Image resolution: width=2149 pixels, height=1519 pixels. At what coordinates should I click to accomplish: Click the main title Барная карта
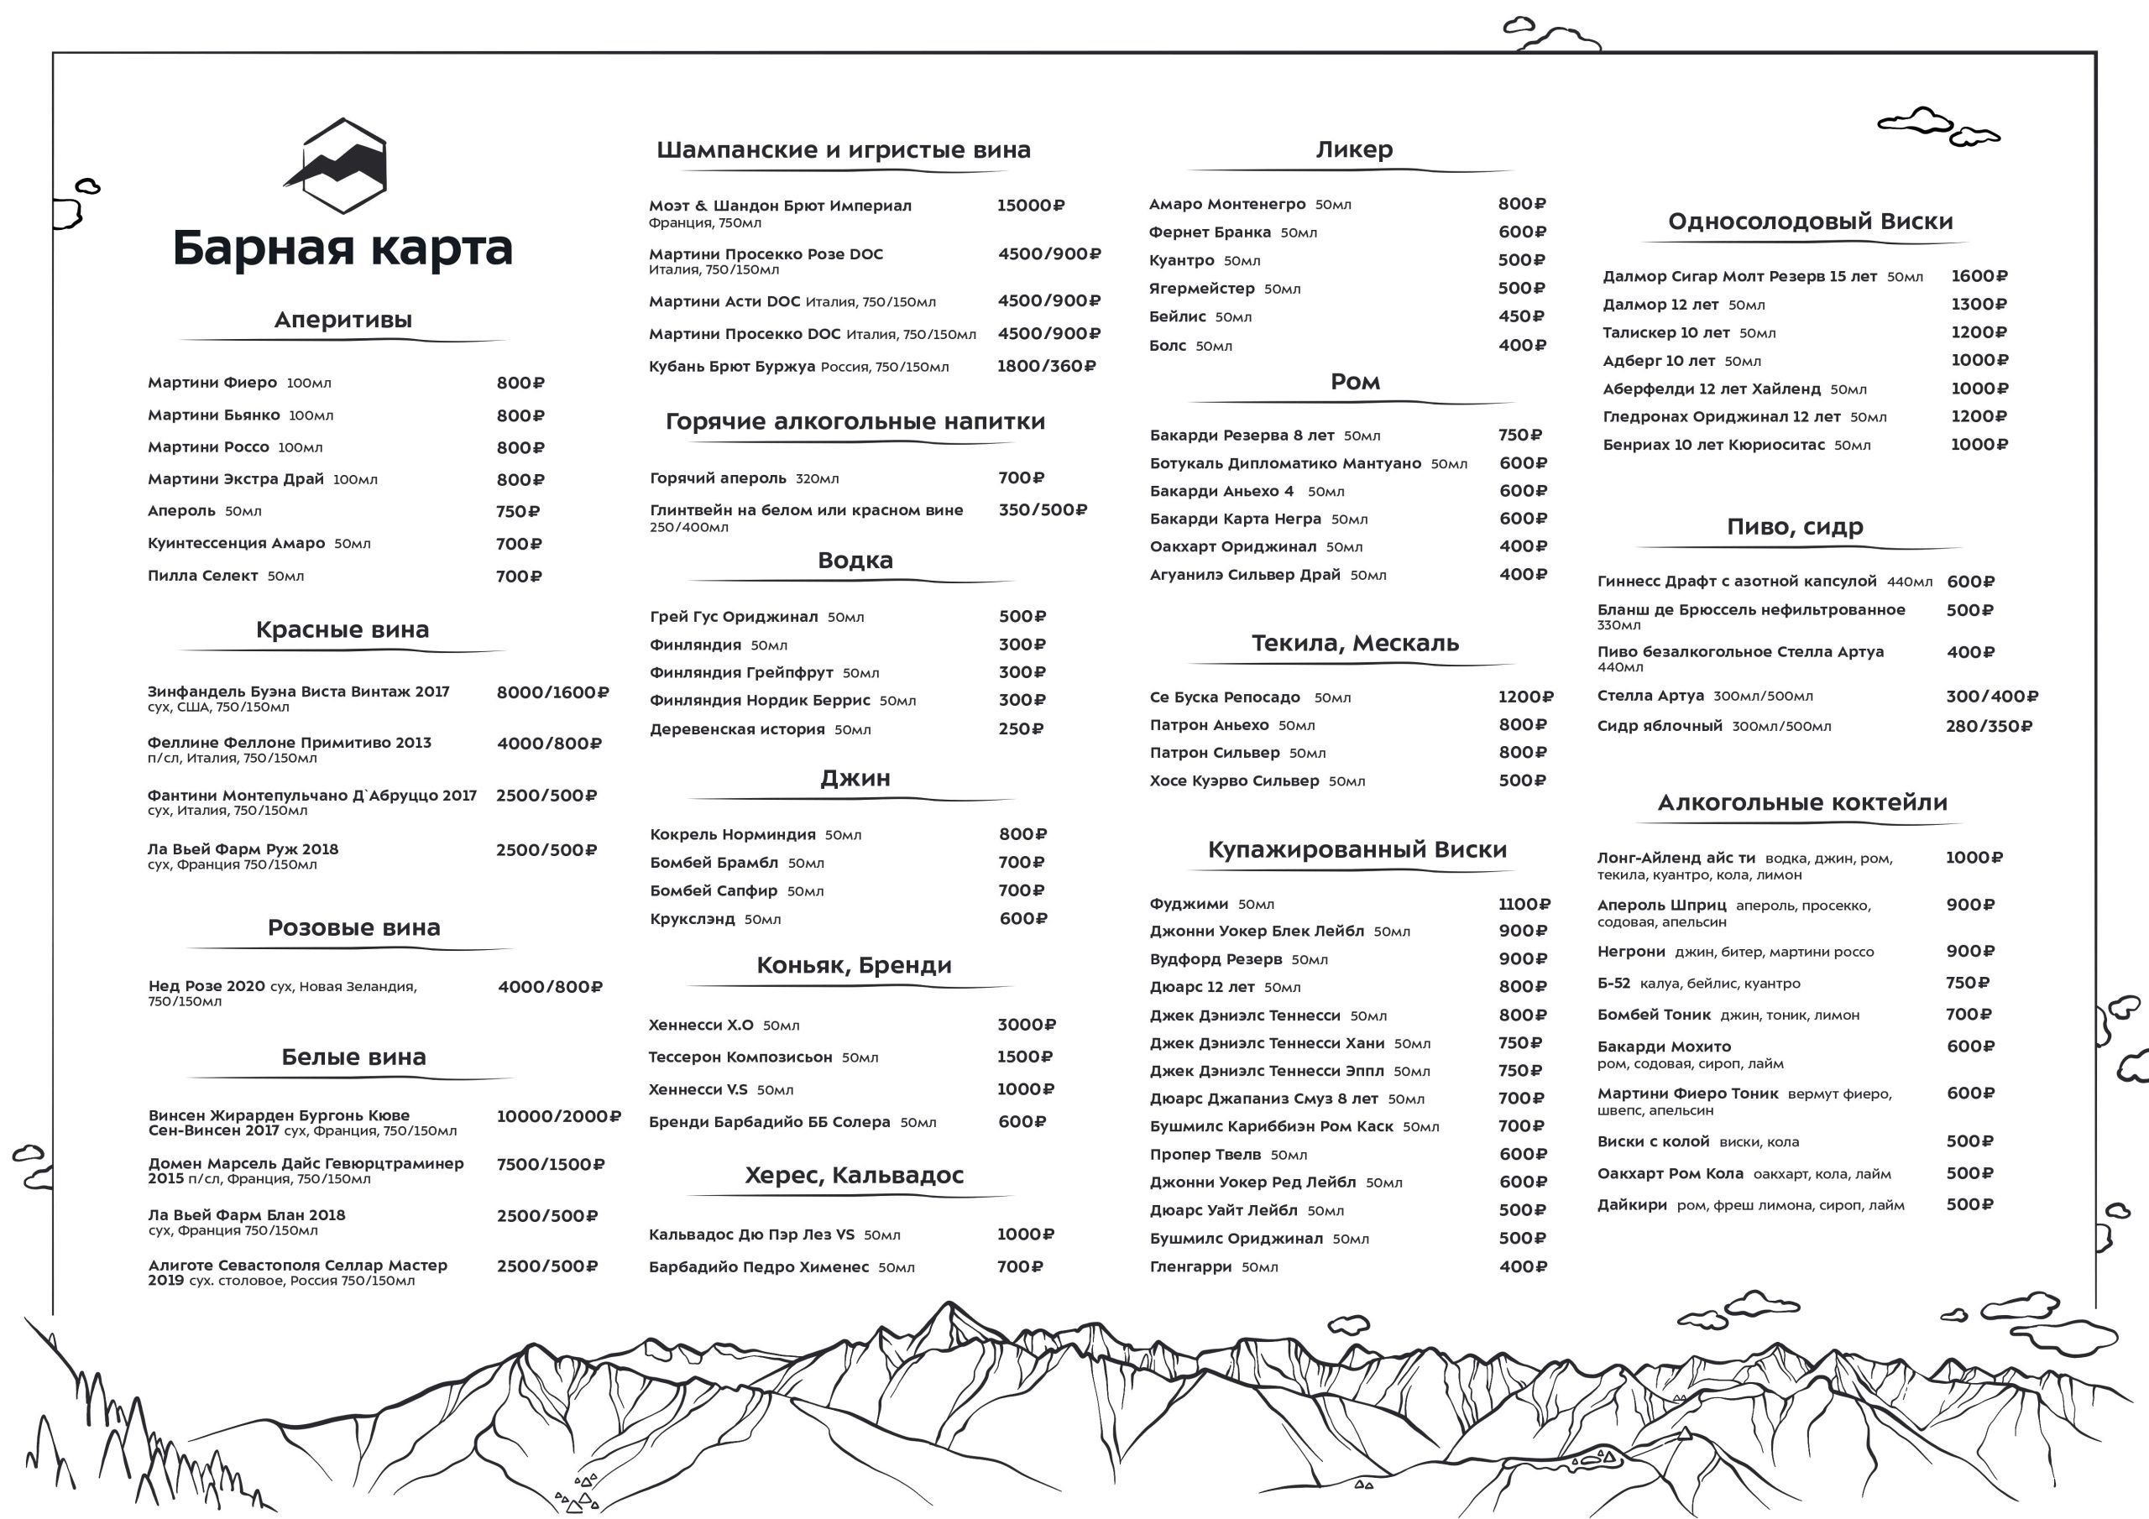point(342,248)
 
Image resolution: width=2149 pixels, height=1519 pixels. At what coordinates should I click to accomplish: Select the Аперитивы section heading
point(342,320)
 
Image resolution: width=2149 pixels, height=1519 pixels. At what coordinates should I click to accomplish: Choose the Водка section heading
point(855,561)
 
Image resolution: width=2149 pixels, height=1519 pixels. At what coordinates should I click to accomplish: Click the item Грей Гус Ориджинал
point(734,617)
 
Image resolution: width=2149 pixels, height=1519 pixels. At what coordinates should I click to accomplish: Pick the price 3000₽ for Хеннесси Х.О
point(1026,1025)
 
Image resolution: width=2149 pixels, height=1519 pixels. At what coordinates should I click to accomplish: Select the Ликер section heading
point(1353,149)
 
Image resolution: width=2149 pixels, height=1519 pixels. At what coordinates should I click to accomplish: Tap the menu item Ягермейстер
point(1202,288)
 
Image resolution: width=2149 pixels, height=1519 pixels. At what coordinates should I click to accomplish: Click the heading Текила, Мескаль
point(1354,643)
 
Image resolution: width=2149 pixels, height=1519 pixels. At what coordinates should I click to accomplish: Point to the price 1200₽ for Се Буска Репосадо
point(1524,697)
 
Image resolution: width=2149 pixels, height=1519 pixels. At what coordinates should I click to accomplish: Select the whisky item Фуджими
point(1189,904)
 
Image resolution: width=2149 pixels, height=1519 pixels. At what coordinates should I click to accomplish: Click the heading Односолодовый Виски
point(1810,222)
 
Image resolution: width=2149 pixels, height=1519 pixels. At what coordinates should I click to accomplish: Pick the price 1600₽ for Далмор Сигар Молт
point(1979,276)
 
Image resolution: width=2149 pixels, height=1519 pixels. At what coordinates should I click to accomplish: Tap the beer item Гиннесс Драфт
point(1736,582)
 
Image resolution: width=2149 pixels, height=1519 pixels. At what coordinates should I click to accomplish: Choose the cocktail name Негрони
point(1631,952)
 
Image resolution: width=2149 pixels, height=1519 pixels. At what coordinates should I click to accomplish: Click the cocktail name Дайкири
point(1631,1205)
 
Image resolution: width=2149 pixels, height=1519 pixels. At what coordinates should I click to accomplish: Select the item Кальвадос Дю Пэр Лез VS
point(751,1235)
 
